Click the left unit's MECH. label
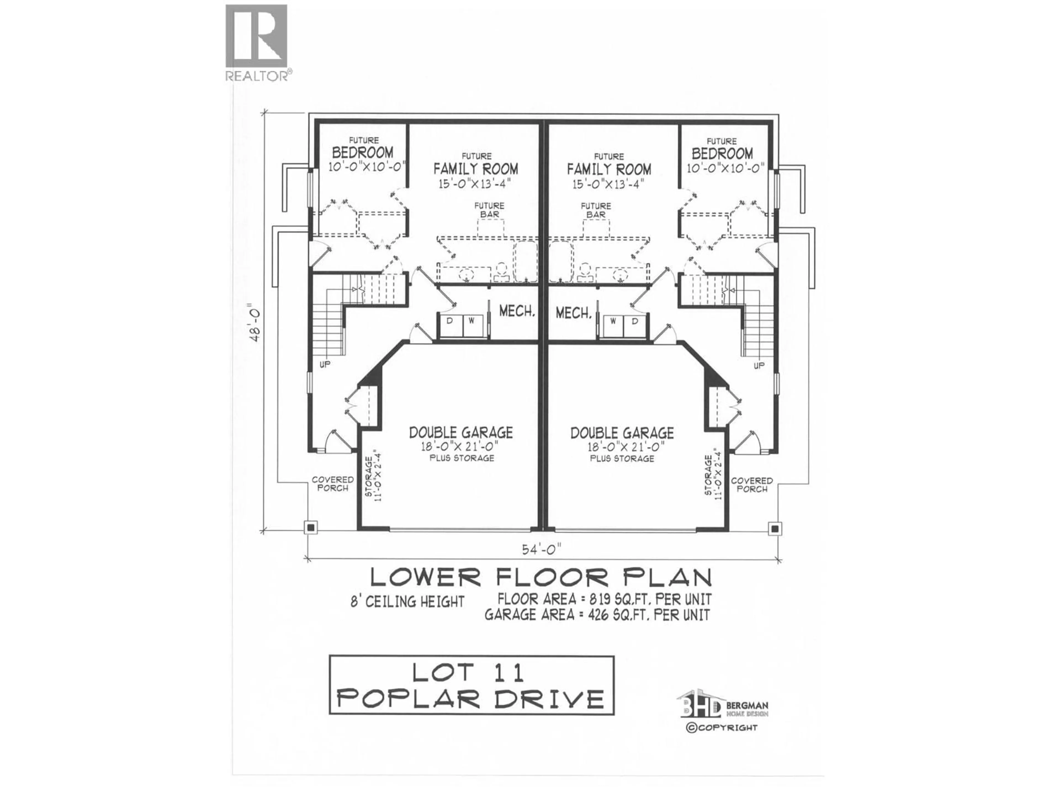click(x=516, y=311)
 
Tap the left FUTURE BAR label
click(x=489, y=210)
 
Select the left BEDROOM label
click(x=363, y=152)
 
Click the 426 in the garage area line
click(x=594, y=615)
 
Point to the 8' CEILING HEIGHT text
click(x=407, y=601)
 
